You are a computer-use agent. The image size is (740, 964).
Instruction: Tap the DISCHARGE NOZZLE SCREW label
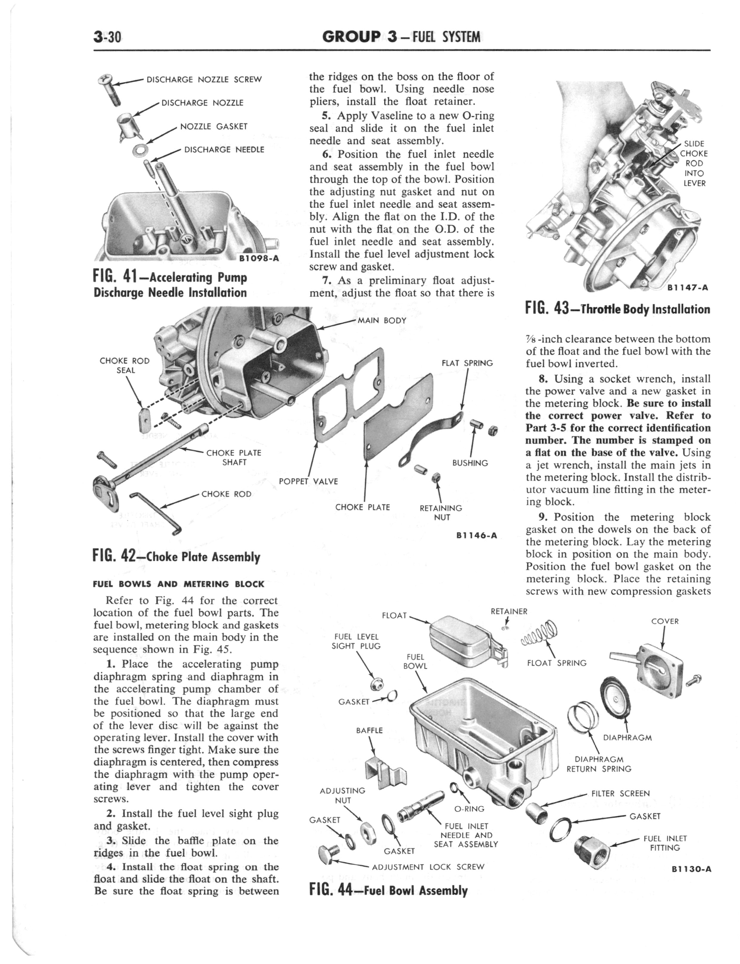203,80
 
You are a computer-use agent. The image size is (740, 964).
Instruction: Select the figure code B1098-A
259,259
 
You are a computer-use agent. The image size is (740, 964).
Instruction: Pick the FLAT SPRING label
467,364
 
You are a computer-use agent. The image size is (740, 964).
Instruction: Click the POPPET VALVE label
308,482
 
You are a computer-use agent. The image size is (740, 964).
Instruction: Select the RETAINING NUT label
441,512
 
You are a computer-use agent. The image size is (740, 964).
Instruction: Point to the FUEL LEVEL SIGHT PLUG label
356,641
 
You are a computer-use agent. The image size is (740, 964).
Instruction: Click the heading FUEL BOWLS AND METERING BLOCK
178,584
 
